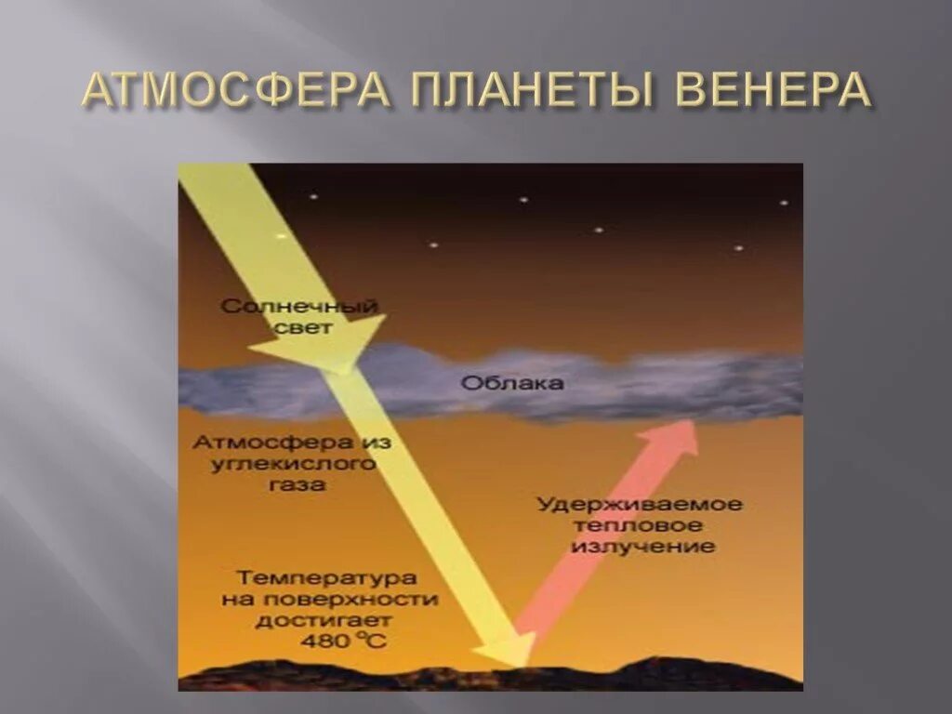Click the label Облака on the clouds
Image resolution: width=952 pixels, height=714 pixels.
(504, 384)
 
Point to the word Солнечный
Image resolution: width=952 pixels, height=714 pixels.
(299, 306)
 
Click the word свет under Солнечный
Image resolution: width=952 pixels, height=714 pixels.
(303, 327)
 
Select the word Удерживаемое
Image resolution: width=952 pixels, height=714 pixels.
(641, 505)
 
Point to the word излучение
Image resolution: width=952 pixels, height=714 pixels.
(641, 547)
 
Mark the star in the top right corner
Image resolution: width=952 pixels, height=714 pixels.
(784, 202)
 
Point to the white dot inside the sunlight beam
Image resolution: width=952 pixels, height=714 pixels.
(280, 236)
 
